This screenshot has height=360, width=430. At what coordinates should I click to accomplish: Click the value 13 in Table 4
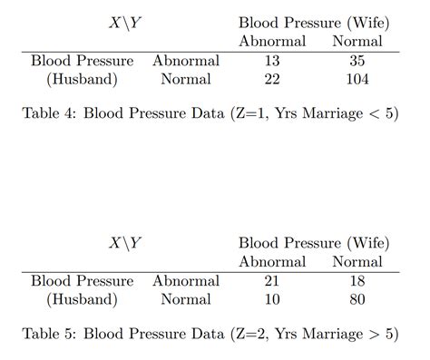(x=272, y=61)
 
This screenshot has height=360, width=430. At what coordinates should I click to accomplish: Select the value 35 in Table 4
(x=357, y=61)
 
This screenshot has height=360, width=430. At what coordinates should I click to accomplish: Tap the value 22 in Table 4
(x=272, y=79)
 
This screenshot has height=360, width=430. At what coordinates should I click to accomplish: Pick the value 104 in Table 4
(x=357, y=79)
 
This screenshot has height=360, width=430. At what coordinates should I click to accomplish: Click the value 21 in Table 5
(x=272, y=281)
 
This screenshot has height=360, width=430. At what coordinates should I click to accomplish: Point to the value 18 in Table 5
(x=357, y=281)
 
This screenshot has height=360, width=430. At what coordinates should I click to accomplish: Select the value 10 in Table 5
(x=272, y=299)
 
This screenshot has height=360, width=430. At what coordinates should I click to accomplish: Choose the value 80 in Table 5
(x=357, y=299)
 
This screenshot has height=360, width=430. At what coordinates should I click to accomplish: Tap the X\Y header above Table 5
(x=125, y=243)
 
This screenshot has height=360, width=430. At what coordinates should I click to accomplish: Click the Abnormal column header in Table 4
(x=272, y=41)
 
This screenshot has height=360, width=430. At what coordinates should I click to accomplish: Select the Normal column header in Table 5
(x=357, y=261)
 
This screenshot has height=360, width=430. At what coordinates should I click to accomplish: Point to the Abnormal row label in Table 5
(x=186, y=281)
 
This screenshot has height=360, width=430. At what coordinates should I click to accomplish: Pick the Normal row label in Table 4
(x=186, y=79)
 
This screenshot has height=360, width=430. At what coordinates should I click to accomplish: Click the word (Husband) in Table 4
(x=82, y=79)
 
